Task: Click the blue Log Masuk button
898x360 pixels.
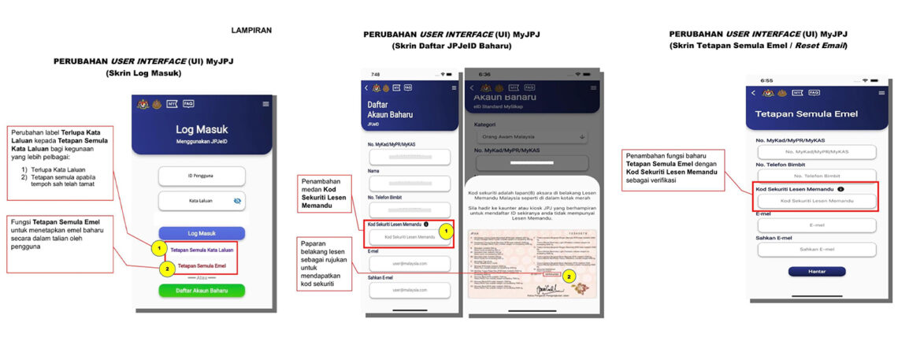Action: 202,233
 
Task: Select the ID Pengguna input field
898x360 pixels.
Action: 202,176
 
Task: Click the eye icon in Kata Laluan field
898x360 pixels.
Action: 237,202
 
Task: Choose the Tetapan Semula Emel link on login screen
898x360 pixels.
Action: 202,266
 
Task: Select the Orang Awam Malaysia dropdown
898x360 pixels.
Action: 530,137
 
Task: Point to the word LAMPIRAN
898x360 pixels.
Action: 251,31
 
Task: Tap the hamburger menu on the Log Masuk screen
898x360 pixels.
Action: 265,104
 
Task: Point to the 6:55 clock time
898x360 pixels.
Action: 766,80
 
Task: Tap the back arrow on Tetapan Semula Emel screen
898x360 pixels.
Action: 754,93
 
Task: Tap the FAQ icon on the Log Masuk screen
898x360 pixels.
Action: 188,103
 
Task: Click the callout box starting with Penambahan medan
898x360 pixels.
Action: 325,193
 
